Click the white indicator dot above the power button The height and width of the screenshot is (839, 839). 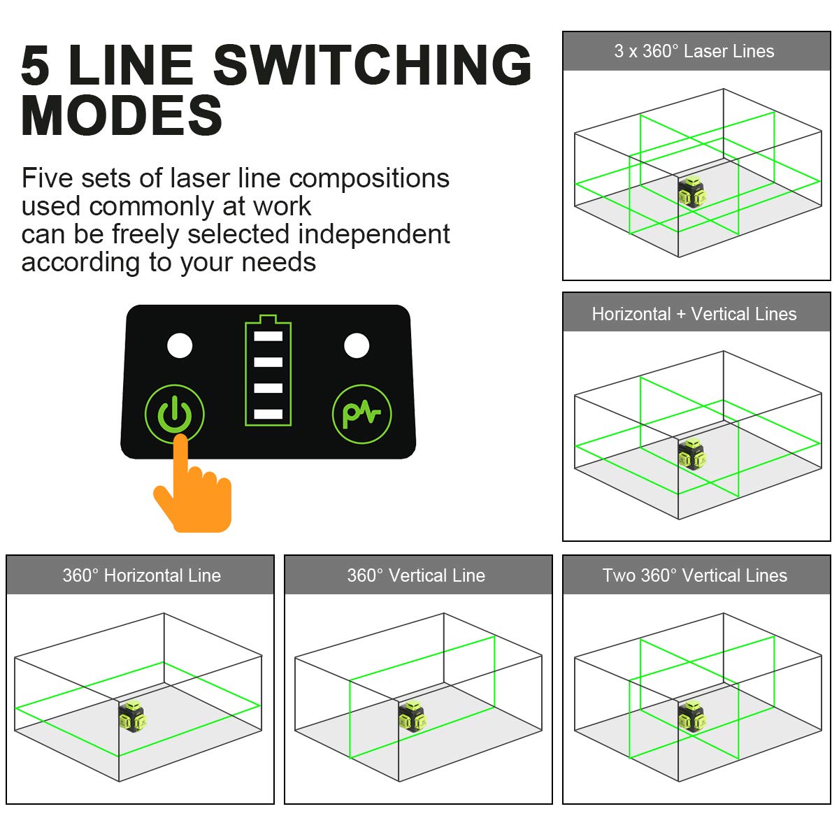(180, 345)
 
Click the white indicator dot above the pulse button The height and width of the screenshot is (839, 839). (357, 345)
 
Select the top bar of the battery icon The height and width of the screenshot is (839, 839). (268, 336)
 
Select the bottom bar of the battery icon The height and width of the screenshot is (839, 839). (268, 414)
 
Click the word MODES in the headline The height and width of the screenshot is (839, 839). (122, 116)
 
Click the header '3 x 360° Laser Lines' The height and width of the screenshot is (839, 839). (694, 51)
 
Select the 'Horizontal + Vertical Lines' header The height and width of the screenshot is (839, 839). (694, 314)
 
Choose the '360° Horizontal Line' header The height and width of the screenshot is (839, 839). (141, 575)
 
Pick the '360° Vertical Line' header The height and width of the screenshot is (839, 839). (416, 575)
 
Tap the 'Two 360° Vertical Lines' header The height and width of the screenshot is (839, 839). (694, 575)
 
